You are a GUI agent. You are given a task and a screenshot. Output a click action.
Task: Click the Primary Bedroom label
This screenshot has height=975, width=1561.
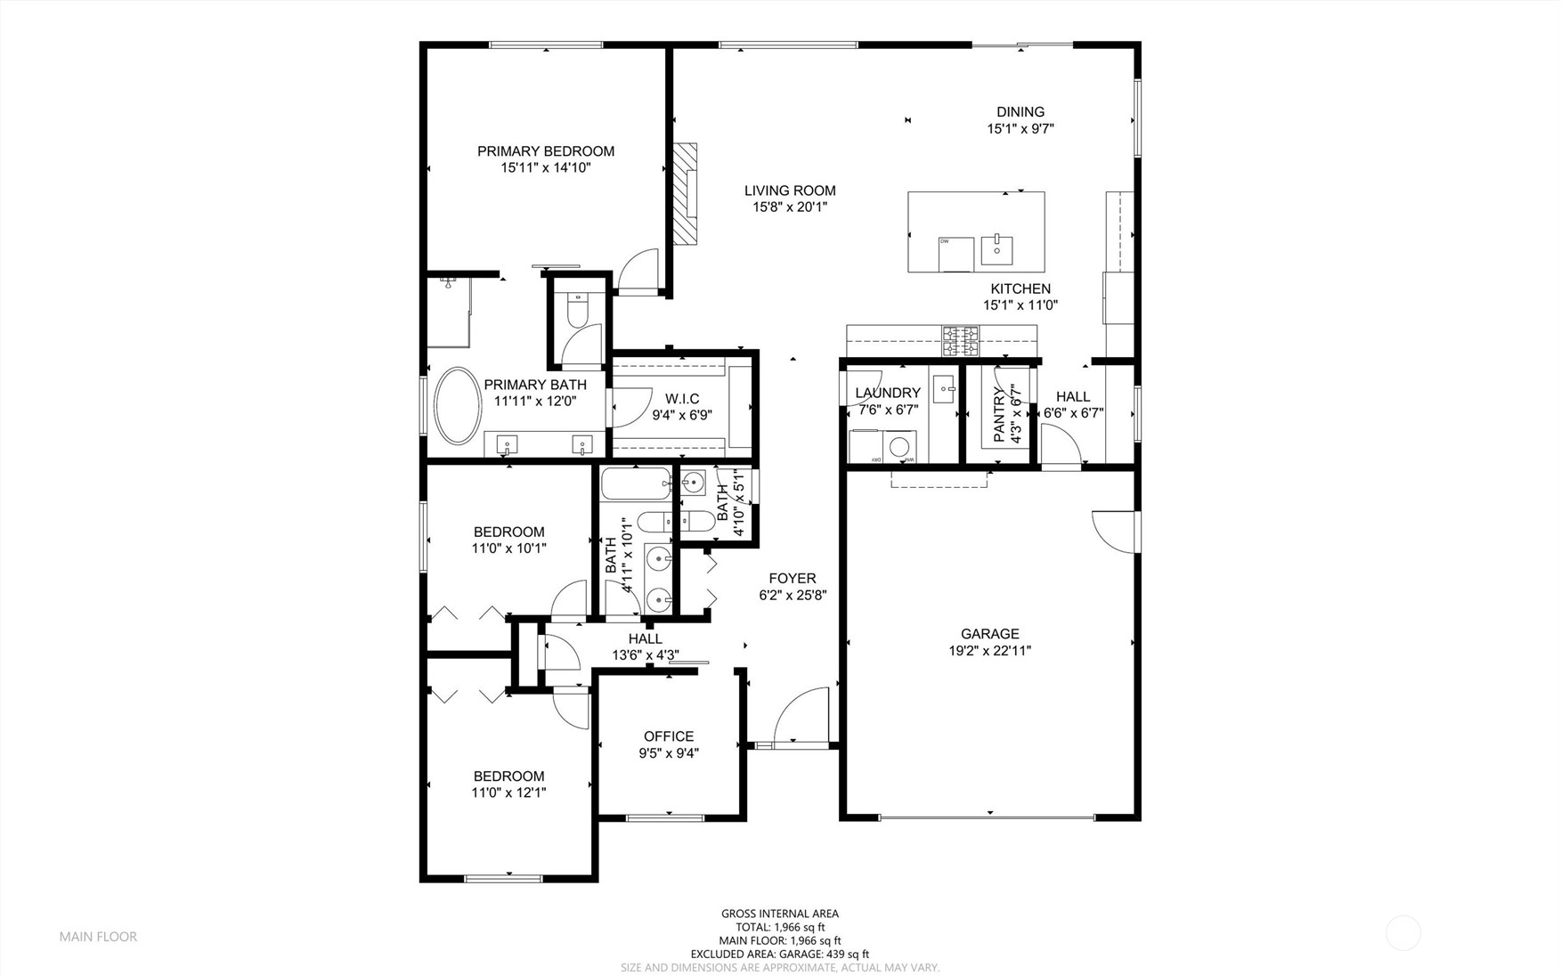(545, 151)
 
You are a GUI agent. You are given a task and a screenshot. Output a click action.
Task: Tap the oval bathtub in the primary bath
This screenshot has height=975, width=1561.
(458, 405)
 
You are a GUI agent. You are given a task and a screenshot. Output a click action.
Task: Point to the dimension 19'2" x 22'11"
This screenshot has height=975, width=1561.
(989, 651)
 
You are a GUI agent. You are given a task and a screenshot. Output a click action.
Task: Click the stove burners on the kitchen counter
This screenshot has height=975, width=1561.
(961, 339)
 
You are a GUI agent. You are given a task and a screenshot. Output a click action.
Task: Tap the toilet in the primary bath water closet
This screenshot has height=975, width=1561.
(576, 311)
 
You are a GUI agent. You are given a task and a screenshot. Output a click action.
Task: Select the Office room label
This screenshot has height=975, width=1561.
(669, 736)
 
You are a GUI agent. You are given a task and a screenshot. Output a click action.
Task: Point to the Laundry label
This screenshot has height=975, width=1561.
(887, 393)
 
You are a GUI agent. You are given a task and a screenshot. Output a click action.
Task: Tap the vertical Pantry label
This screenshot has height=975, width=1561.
(999, 413)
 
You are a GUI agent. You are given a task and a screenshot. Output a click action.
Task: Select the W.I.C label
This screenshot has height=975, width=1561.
(682, 399)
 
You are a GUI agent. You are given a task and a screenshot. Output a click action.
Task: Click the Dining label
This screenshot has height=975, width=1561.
(1020, 112)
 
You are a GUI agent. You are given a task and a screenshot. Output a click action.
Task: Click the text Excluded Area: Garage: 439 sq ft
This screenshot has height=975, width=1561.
(779, 954)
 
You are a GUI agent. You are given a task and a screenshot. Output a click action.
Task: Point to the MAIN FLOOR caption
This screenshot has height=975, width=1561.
(98, 937)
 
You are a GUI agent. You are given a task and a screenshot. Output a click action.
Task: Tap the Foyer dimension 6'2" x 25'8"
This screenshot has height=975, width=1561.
(793, 595)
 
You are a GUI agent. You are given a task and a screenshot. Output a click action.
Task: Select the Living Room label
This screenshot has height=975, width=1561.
(790, 191)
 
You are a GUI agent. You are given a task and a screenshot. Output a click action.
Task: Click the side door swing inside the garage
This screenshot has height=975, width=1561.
(1116, 531)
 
